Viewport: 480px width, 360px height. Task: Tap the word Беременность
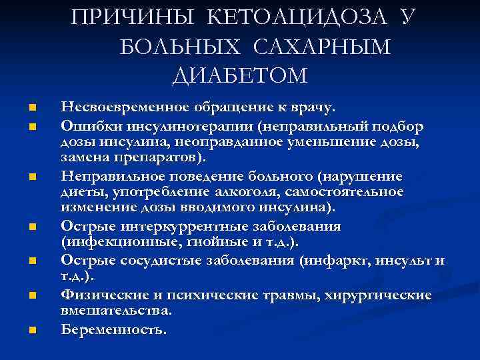114,329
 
